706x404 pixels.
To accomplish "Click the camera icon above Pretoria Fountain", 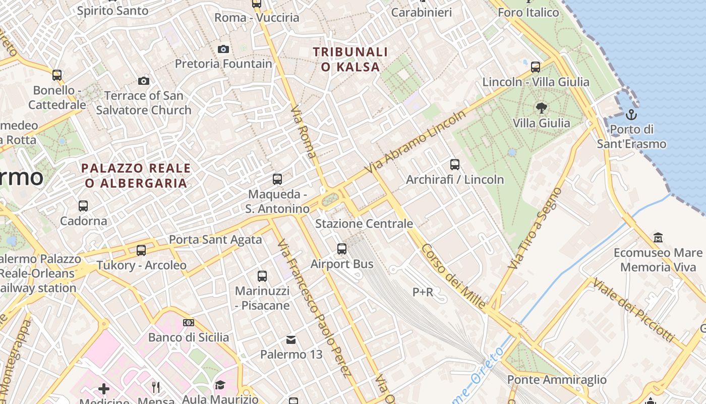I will point(223,49).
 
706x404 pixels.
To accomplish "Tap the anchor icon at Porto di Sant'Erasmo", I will point(631,115).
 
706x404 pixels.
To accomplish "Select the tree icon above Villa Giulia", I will point(542,108).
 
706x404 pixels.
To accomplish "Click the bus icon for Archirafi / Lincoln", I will point(455,164).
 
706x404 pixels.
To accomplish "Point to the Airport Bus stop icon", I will point(342,248).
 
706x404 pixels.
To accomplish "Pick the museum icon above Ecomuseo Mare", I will point(658,237).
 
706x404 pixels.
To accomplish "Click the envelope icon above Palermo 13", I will point(291,339).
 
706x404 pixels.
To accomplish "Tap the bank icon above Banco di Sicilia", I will point(189,322).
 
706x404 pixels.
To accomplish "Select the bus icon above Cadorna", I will point(83,206).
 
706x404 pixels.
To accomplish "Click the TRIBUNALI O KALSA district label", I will point(350,59).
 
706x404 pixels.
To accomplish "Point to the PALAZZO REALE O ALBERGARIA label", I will point(136,175).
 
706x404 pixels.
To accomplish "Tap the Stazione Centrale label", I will point(364,223).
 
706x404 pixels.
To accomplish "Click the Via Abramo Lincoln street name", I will point(416,141).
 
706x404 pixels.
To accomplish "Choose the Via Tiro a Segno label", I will point(535,228).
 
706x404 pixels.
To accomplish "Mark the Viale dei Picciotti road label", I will point(633,310).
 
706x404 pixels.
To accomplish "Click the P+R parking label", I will point(423,292).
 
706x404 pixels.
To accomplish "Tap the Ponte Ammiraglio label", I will point(557,379).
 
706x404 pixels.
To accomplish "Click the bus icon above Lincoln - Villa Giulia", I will point(536,67).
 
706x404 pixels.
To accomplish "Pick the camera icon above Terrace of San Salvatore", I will point(144,81).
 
